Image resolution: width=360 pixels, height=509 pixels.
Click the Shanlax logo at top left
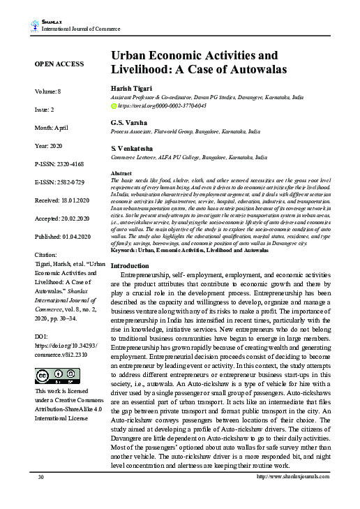pos(35,27)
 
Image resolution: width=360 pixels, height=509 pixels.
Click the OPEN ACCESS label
pos(59,64)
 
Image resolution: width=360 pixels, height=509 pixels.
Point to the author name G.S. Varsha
pos(129,123)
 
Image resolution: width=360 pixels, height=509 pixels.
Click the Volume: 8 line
pos(48,91)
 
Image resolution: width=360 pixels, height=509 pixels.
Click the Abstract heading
pos(121,172)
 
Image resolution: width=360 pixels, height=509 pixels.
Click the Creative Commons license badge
pos(50,376)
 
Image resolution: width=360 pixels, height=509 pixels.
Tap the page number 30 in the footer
pos(41,496)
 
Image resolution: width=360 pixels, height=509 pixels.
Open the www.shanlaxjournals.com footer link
pos(293,496)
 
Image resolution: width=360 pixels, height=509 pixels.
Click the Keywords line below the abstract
pos(189,249)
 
